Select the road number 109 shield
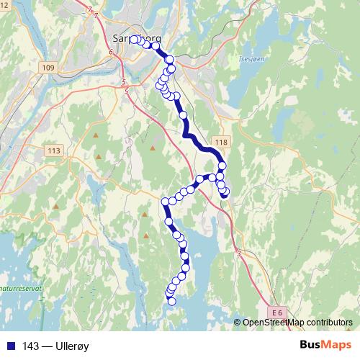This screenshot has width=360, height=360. tap(48, 67)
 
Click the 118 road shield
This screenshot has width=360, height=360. tap(220, 143)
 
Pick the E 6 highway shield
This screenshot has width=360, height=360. tap(279, 311)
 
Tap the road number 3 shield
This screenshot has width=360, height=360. tap(238, 253)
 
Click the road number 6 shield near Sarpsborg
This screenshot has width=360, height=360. tap(112, 53)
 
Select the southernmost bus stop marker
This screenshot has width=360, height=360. tap(172, 302)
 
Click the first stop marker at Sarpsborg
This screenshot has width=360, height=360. tap(134, 40)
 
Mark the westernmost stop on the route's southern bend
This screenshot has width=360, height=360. tap(166, 202)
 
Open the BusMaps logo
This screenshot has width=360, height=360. tap(325, 345)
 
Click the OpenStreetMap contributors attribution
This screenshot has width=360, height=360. tap(297, 322)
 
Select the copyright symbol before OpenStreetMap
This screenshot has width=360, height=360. tap(238, 322)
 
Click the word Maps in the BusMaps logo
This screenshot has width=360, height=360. tap(337, 345)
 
